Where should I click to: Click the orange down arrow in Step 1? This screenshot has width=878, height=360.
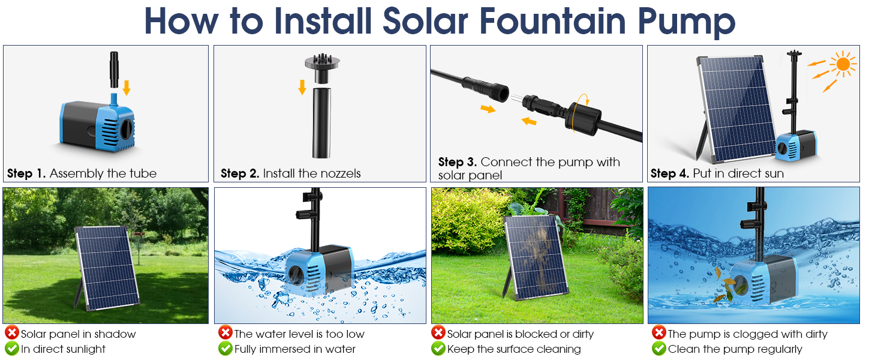pyautogui.click(x=127, y=88)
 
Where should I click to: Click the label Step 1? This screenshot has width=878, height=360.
pyautogui.click(x=26, y=174)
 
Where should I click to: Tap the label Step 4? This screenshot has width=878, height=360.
pyautogui.click(x=670, y=174)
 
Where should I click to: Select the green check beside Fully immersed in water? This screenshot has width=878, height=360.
pyautogui.click(x=225, y=349)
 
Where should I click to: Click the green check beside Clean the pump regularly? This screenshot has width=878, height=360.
pyautogui.click(x=659, y=349)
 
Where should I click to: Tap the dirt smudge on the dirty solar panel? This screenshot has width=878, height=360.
pyautogui.click(x=534, y=252)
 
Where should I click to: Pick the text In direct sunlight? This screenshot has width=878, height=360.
pyautogui.click(x=63, y=349)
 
